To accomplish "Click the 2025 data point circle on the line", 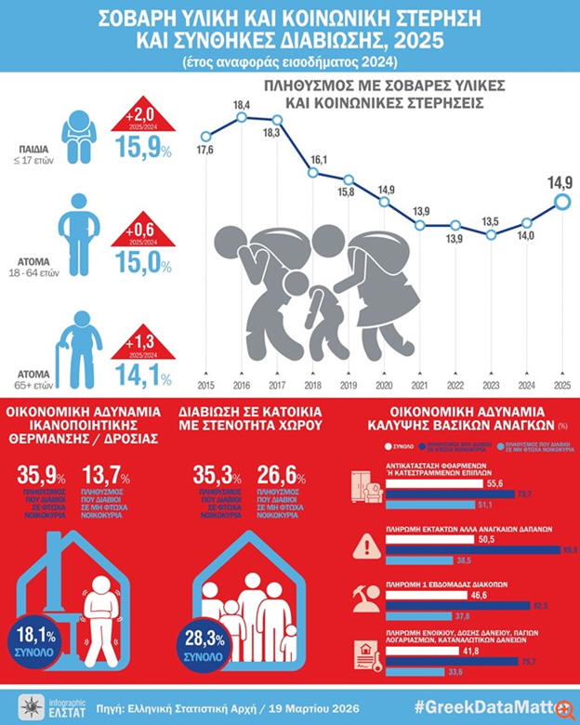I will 561,202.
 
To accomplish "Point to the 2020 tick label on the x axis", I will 385,384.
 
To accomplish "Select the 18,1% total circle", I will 36,640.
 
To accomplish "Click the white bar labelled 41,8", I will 417,653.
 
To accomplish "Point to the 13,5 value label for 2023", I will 492,221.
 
